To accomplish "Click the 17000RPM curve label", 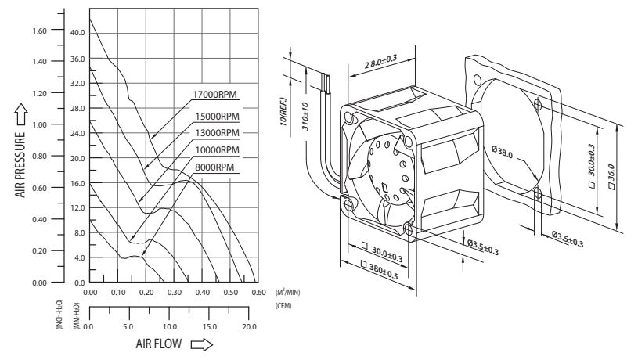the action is [214, 95].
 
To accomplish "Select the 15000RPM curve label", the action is [218, 117].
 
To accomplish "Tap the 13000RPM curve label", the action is [218, 133].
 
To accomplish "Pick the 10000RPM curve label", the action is [218, 150].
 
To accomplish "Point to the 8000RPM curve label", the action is [214, 167].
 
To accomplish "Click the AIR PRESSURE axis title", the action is [20, 165].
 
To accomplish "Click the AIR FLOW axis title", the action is [159, 344].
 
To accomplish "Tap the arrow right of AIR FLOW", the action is [202, 344].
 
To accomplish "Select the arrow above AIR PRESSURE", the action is [21, 114].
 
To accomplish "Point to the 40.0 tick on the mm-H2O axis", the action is [77, 33].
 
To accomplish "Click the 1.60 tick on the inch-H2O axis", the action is [39, 31].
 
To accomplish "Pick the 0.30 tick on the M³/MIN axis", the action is [175, 292].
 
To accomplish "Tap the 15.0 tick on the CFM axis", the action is [210, 326].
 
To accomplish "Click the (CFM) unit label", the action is [283, 305].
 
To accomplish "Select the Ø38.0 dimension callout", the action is [502, 152].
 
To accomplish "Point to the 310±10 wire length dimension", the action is [305, 117].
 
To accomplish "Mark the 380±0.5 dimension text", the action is [380, 271].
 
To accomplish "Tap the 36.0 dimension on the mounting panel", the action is [611, 176].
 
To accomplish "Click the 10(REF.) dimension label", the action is [284, 111].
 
